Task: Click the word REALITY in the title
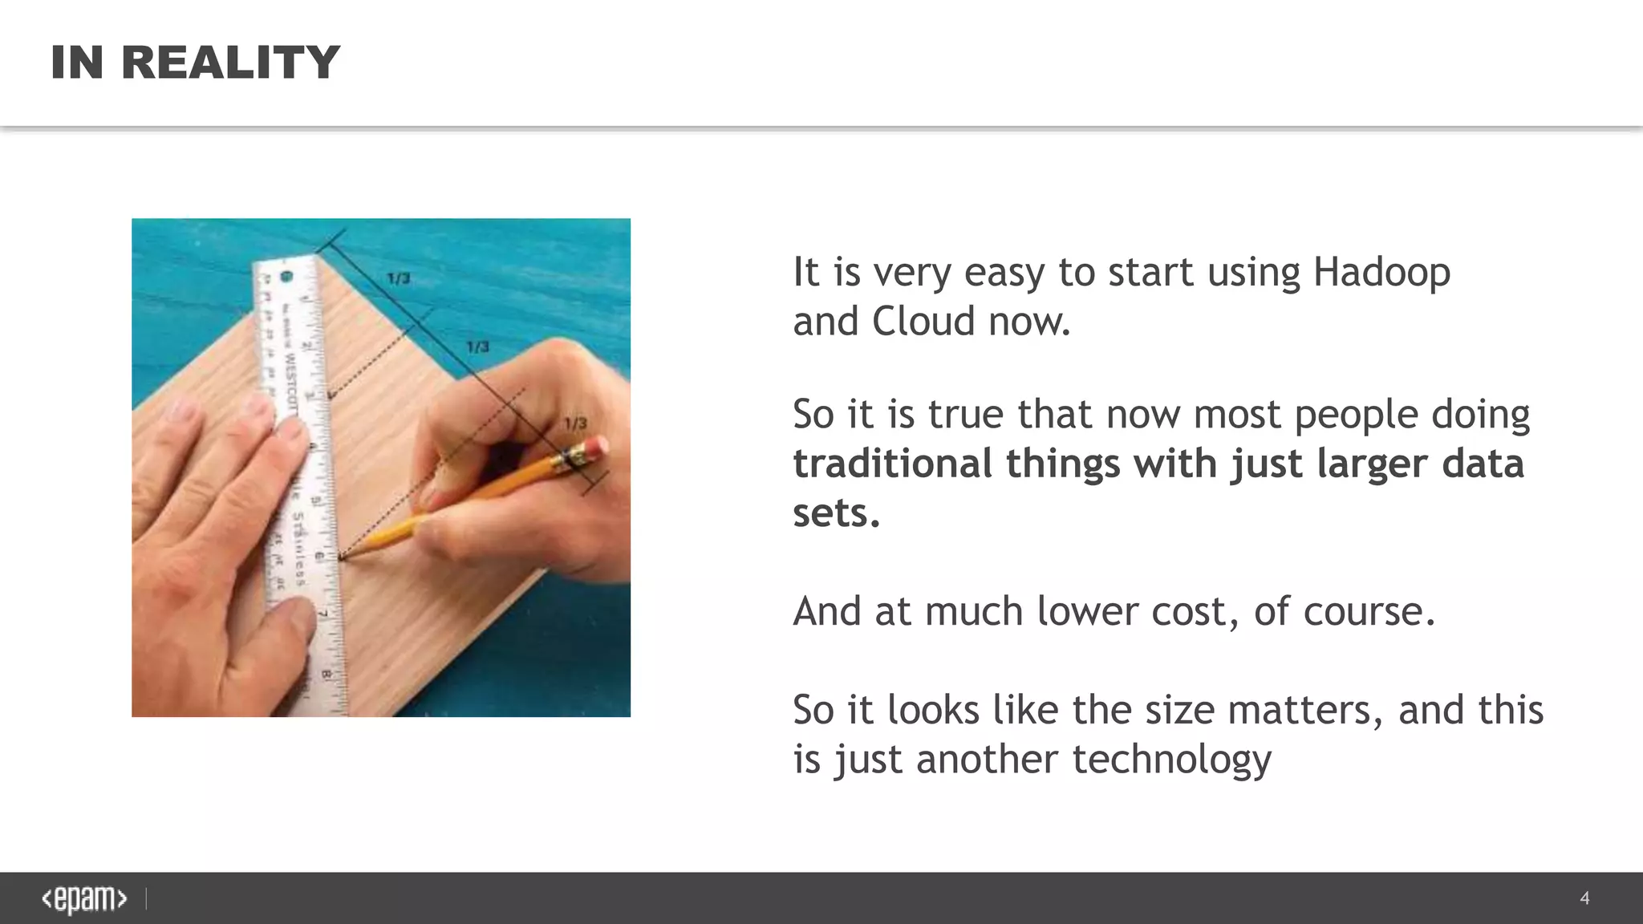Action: pyautogui.click(x=231, y=63)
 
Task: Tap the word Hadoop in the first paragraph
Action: pyautogui.click(x=1381, y=272)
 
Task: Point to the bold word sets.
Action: pyautogui.click(x=836, y=513)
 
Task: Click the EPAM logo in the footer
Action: pyautogui.click(x=84, y=899)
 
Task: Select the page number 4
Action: pyautogui.click(x=1584, y=898)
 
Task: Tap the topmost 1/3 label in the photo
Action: pyautogui.click(x=399, y=278)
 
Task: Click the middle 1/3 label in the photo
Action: pyautogui.click(x=478, y=346)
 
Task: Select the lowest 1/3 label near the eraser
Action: pyautogui.click(x=575, y=423)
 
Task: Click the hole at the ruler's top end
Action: pyautogui.click(x=286, y=277)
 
